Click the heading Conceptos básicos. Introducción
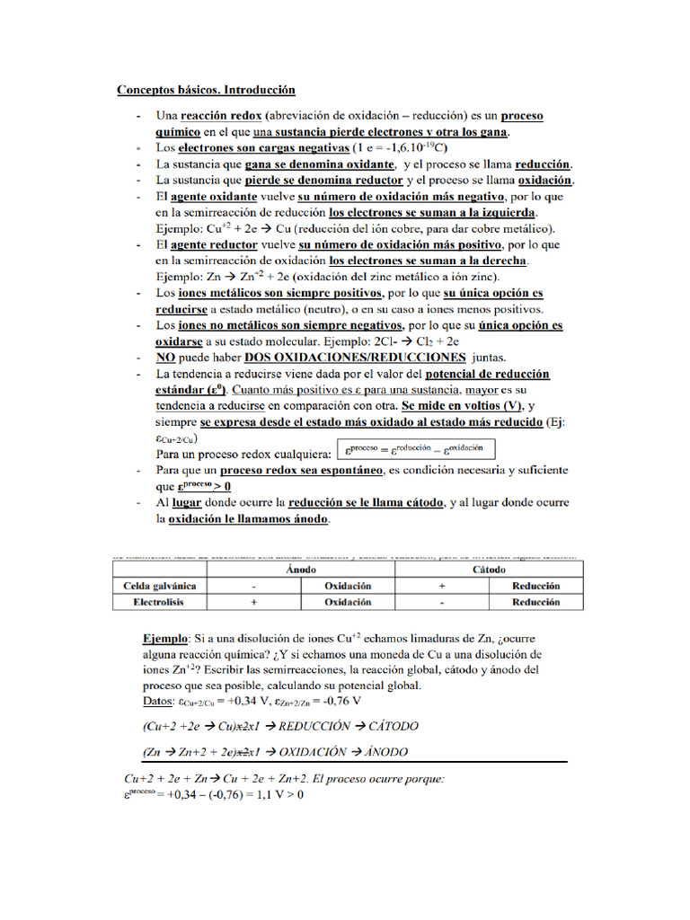coord(206,91)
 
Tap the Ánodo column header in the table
coord(300,570)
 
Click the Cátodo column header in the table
coord(489,570)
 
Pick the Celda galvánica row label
coord(159,586)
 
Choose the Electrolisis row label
coord(159,602)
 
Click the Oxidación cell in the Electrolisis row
coord(348,602)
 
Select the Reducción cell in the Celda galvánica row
coord(536,586)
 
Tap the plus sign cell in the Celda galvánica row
coord(442,586)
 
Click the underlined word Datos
coord(160,701)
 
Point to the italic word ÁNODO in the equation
coord(380,752)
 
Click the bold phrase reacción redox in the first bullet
coord(220,117)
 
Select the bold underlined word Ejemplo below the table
coord(165,639)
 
